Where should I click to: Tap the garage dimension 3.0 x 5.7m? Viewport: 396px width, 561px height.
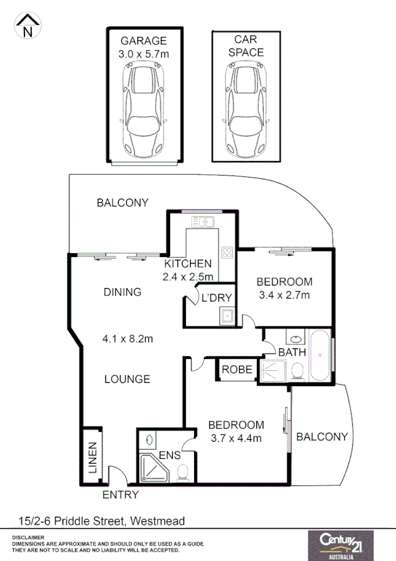[x=144, y=54]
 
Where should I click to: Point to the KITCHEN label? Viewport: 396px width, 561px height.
[x=187, y=264]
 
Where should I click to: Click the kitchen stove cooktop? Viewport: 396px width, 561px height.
[x=227, y=252]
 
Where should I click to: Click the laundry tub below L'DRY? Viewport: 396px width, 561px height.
[x=226, y=317]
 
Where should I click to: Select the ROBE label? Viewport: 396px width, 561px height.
[x=236, y=370]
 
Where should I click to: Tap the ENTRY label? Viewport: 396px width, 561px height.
[x=121, y=495]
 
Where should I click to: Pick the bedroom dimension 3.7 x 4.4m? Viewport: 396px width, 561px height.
[x=236, y=438]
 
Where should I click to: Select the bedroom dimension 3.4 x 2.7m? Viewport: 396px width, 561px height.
[x=283, y=295]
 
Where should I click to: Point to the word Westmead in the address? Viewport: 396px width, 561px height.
[x=158, y=521]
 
